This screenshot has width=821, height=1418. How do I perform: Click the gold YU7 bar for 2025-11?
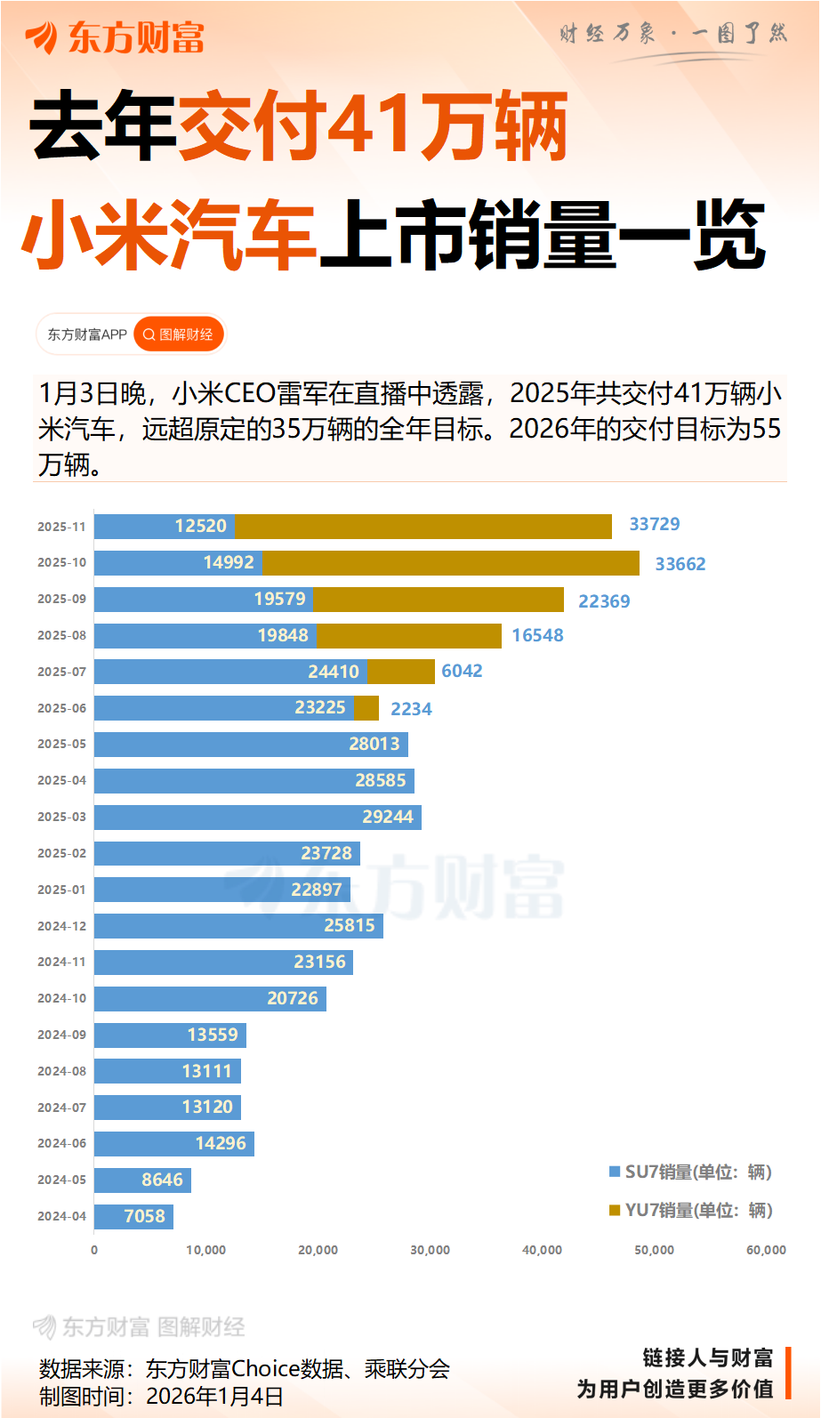pos(423,527)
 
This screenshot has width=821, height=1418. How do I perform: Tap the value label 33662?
pos(680,564)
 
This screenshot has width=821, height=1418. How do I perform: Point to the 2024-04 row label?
pos(61,1216)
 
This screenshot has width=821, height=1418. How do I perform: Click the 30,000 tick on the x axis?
pos(430,1250)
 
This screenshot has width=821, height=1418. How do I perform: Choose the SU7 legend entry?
pos(690,1172)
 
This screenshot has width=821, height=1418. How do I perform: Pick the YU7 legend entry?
pos(690,1210)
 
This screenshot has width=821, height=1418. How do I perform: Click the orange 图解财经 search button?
pos(178,334)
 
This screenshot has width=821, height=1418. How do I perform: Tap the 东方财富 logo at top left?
pos(115,37)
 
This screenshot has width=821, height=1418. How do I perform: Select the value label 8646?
pos(162,1180)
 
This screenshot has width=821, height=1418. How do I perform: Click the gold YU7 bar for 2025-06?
pos(366,708)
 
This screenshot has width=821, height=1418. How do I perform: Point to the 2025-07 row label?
pos(61,672)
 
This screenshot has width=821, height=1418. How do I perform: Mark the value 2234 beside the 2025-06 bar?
pos(411,709)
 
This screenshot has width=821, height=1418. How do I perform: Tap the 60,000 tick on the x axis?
pos(766,1250)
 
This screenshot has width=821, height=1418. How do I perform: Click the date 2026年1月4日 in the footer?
pos(214,1396)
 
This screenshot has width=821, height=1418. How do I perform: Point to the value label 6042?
pos(462,671)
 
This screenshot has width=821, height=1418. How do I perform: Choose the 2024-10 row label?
pos(61,998)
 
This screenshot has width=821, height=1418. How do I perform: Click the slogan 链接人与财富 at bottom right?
pos(707,1358)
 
